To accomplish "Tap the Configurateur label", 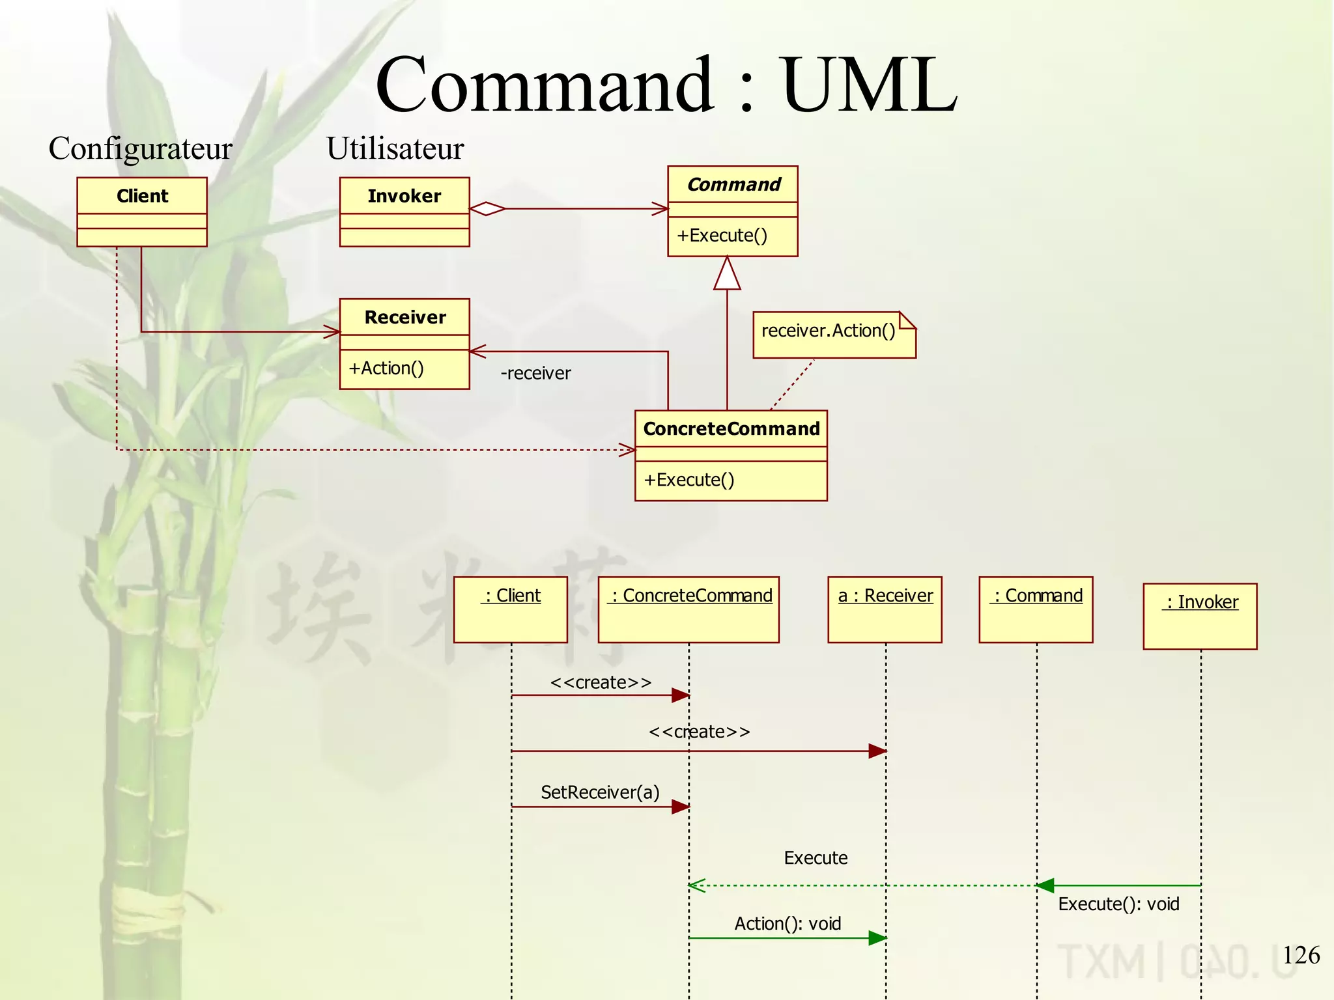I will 140,148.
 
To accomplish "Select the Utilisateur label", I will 395,148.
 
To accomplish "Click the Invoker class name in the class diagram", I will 404,195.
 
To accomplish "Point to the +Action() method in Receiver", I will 386,368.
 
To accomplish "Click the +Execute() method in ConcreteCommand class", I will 689,480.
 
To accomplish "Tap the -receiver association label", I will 535,373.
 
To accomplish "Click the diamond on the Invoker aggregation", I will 487,209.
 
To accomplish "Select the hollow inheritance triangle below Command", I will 727,275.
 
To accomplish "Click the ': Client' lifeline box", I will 511,609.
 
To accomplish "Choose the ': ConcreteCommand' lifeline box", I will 688,609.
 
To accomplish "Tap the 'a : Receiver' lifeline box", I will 885,609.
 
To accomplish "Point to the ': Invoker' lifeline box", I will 1200,615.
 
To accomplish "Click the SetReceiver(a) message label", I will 600,792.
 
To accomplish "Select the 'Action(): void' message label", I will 788,924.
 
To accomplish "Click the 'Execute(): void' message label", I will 1118,904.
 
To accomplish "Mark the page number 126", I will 1301,955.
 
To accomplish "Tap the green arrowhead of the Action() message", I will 877,938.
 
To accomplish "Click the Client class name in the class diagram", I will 142,195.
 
